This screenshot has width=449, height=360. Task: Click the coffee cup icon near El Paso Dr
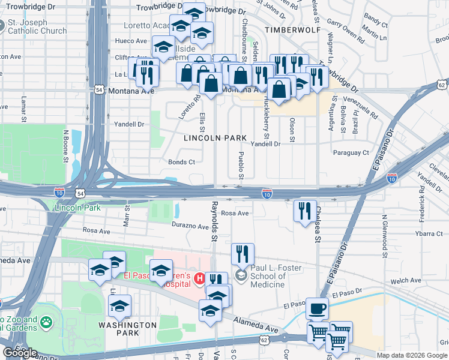[317, 308]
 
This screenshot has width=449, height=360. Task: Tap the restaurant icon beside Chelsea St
[305, 211]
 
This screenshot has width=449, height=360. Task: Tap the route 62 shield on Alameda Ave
[264, 340]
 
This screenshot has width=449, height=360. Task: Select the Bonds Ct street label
[181, 162]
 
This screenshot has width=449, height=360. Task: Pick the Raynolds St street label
[214, 221]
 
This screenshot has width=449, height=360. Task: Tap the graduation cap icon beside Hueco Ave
[163, 47]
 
